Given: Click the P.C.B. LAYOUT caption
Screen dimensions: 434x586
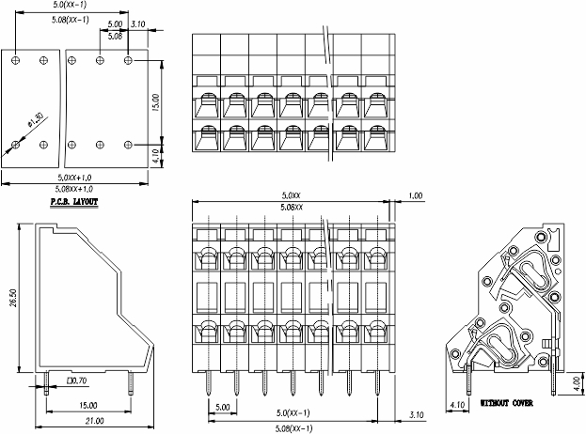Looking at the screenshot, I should click(x=74, y=201).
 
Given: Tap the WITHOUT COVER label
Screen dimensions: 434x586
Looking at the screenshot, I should click(x=506, y=402).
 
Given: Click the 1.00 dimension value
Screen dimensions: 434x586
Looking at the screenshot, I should click(x=416, y=195).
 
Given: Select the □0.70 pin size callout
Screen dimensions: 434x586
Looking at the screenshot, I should click(x=77, y=380).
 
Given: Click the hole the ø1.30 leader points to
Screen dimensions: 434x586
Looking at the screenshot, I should click(x=15, y=145).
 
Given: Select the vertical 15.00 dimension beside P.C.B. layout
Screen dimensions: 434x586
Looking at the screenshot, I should click(x=157, y=101).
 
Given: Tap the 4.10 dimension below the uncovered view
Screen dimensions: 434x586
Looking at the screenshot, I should click(x=457, y=406).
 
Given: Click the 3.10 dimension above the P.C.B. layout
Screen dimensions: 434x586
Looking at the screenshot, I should click(x=137, y=23).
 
